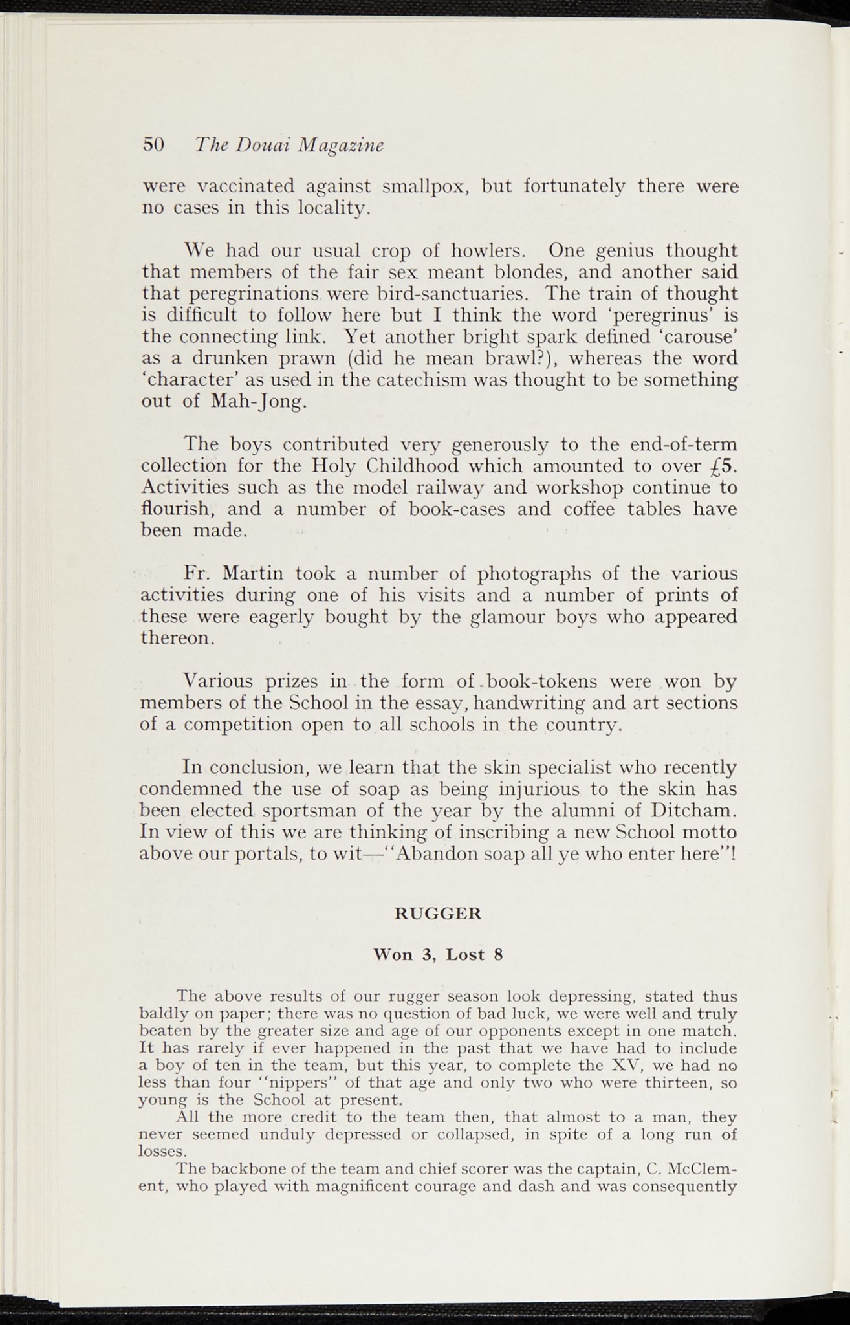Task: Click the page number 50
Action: (154, 144)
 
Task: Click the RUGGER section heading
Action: (438, 914)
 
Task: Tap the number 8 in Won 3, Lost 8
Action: (498, 955)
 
